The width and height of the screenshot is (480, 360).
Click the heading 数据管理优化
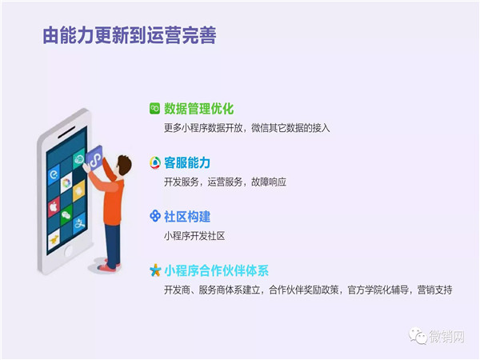(x=198, y=109)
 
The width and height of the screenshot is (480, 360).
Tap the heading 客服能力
(x=187, y=162)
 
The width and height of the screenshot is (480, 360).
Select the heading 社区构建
(x=187, y=216)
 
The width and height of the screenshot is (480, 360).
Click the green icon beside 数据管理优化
(x=154, y=109)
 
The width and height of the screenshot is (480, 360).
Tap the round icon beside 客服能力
(x=154, y=162)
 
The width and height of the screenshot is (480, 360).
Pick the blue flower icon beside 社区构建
(x=154, y=216)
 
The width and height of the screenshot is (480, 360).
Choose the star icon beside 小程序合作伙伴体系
(x=154, y=270)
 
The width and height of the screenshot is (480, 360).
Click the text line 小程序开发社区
(x=194, y=235)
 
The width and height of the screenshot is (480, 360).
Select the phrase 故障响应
(x=268, y=182)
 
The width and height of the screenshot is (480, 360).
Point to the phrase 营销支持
(x=434, y=289)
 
